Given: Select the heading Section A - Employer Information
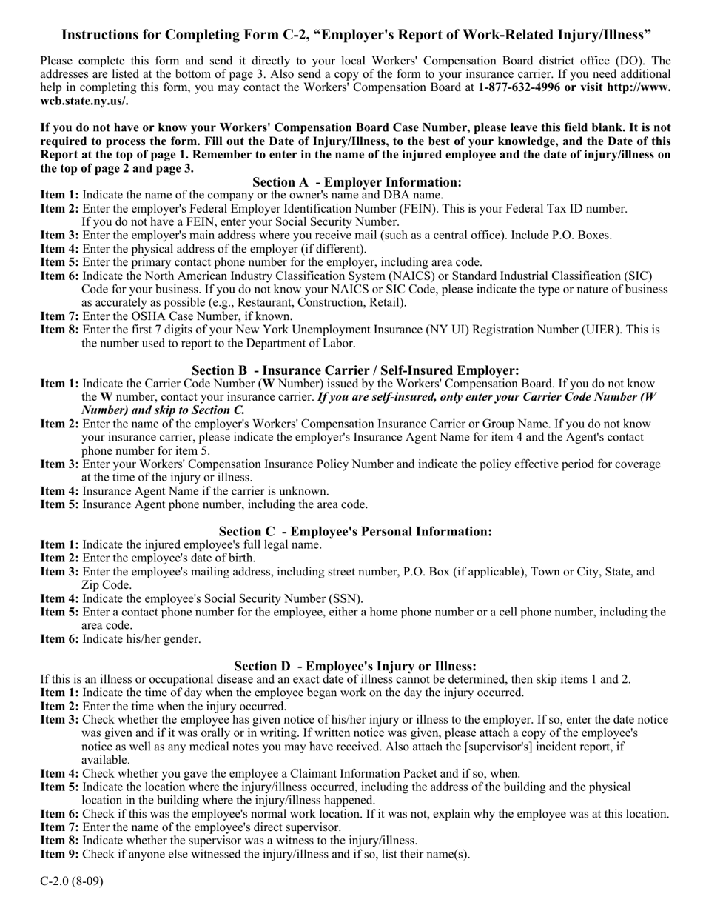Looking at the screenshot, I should click(357, 182).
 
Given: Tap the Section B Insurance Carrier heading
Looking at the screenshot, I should click(355, 370).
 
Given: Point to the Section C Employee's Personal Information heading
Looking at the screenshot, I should click(355, 531).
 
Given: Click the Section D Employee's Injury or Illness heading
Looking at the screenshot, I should click(355, 666).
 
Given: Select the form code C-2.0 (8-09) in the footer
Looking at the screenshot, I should click(72, 881).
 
